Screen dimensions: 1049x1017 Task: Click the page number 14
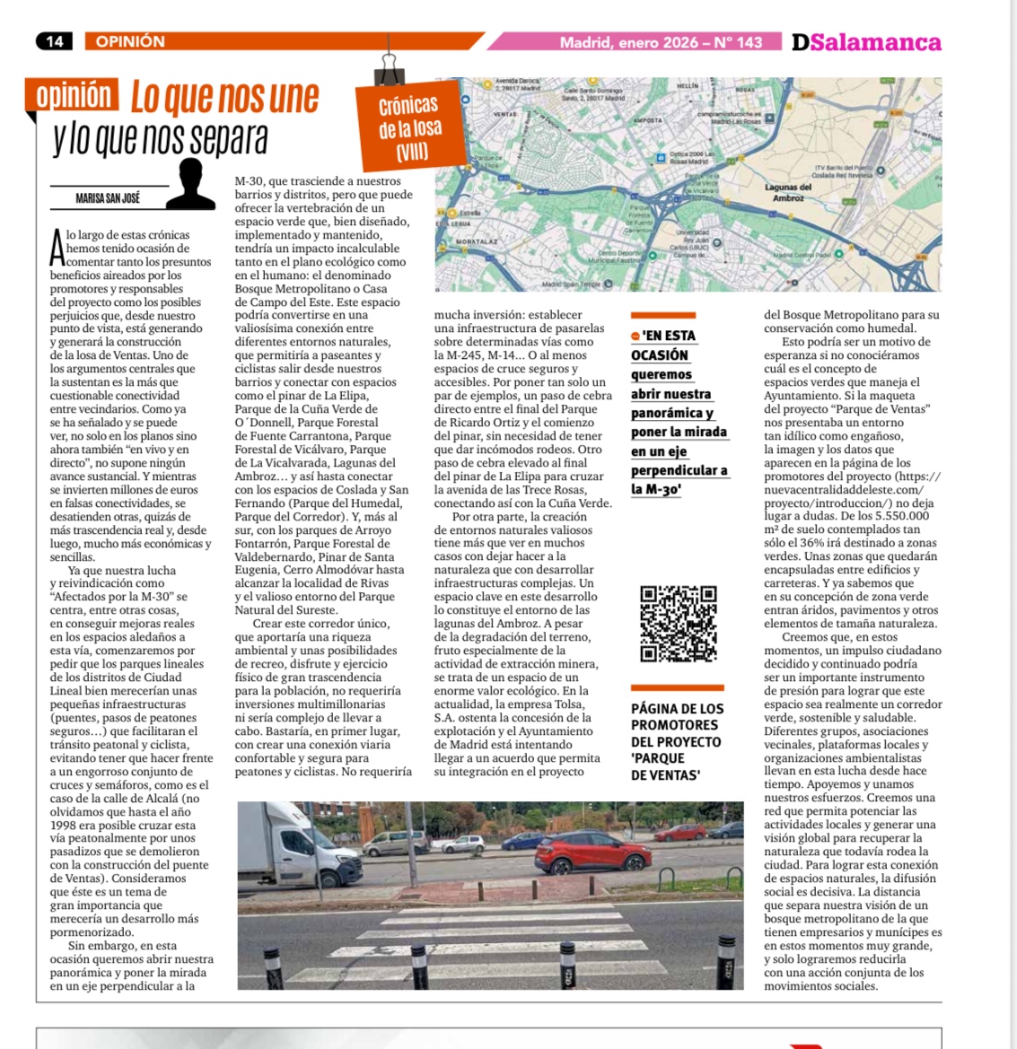coord(55,41)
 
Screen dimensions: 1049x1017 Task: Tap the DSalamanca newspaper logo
coord(866,42)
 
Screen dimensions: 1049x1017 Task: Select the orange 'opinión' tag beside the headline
coord(75,95)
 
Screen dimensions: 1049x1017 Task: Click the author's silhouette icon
coord(190,185)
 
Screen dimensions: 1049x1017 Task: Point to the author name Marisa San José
coord(108,197)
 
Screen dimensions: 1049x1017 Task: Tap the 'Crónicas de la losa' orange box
coord(408,127)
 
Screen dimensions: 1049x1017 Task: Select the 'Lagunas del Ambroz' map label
coord(787,192)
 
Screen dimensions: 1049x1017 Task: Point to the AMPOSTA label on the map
coord(648,119)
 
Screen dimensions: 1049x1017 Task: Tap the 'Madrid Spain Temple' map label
coord(572,284)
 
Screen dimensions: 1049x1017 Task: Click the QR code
coord(678,623)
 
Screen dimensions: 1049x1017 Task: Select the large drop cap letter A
coord(57,248)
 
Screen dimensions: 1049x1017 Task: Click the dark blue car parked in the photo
coord(523,841)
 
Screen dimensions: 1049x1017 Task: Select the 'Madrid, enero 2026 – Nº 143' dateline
coord(661,42)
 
